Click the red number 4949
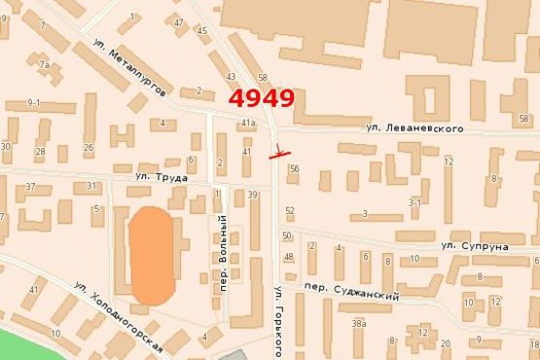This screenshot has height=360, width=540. [x=262, y=99]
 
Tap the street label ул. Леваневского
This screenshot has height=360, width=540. [x=408, y=127]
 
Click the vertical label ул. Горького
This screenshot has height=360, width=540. [x=278, y=321]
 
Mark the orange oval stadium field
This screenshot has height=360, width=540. [x=152, y=254]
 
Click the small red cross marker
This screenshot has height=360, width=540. [x=279, y=152]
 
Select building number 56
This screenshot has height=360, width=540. [x=294, y=168]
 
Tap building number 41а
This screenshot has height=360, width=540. [x=249, y=123]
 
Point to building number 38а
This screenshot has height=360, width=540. [x=359, y=324]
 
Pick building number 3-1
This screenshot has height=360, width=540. [x=414, y=202]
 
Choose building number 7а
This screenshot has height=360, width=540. [x=44, y=64]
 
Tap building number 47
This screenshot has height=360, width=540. [x=179, y=22]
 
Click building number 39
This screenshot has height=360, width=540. [x=253, y=196]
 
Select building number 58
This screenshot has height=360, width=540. [x=263, y=78]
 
